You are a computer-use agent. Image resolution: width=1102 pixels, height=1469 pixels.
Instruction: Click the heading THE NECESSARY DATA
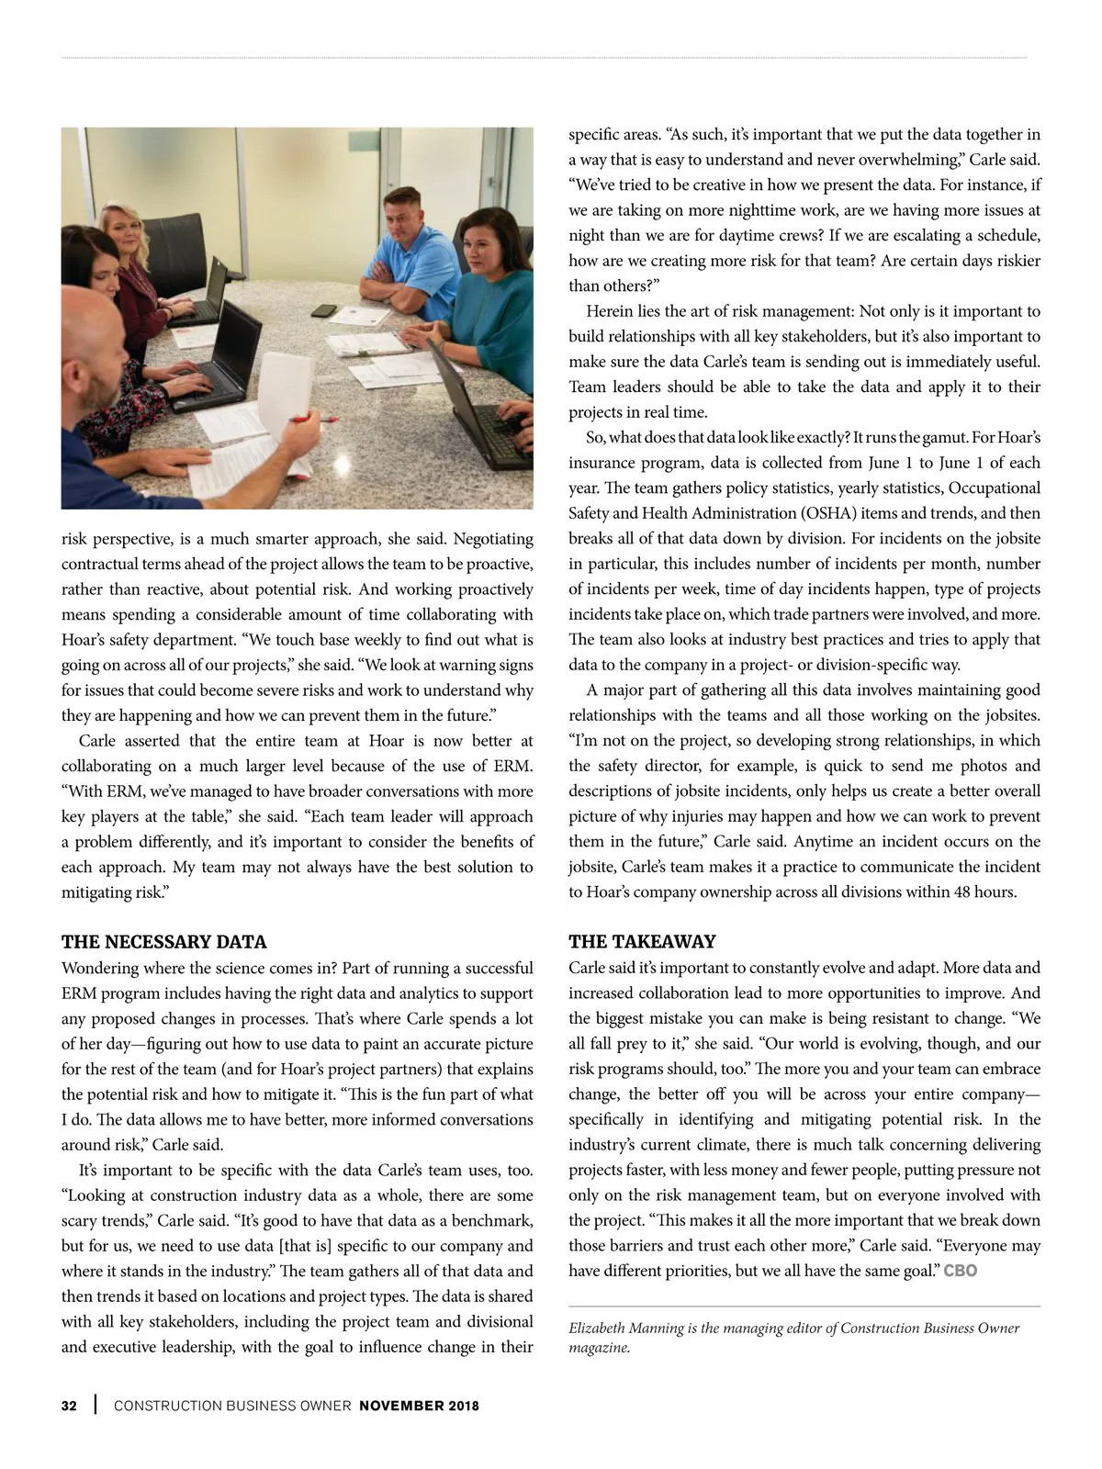point(163,942)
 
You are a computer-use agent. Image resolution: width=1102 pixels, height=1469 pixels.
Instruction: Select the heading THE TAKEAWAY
point(642,942)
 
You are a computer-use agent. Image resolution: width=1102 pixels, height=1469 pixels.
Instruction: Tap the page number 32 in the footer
point(69,1406)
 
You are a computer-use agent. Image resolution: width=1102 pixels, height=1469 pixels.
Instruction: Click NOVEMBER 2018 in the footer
point(419,1406)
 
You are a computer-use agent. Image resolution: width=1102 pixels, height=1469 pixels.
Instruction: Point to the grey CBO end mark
point(961,1272)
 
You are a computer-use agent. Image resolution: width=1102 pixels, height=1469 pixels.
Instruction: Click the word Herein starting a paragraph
point(611,311)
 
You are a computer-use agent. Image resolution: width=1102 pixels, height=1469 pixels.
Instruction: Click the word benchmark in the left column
point(490,1221)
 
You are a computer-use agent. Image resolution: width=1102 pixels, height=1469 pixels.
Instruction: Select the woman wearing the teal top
point(487,285)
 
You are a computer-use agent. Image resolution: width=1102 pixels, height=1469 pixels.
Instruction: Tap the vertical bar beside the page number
point(96,1406)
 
